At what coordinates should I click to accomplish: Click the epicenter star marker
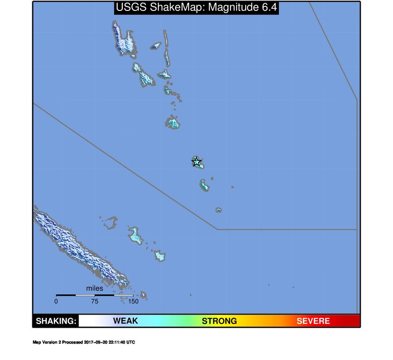[x=196, y=161]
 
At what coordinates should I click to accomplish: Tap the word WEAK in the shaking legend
[x=126, y=321]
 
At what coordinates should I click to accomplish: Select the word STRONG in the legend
[x=219, y=321]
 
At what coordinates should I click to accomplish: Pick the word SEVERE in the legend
[x=313, y=321]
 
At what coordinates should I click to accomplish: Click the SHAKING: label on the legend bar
[x=56, y=321]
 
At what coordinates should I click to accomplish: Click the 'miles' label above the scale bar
[x=95, y=288]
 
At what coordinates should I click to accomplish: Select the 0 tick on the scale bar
[x=56, y=301]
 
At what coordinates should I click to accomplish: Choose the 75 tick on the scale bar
[x=95, y=301]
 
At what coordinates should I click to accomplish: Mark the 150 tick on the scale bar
[x=133, y=301]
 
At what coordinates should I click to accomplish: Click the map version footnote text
[x=84, y=342]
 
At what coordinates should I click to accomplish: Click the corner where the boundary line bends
[x=217, y=229]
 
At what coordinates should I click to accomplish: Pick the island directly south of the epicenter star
[x=204, y=185]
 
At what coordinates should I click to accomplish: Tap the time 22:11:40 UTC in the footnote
[x=121, y=342]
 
